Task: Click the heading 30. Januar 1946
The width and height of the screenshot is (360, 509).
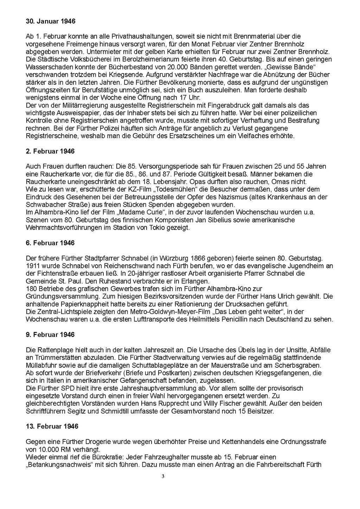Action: tap(51, 21)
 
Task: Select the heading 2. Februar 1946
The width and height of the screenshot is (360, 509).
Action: tap(50, 151)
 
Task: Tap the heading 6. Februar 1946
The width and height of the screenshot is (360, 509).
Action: tap(50, 243)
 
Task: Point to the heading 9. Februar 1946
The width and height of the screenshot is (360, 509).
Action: tap(50, 335)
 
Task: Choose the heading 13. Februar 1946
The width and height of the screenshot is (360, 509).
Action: tap(52, 426)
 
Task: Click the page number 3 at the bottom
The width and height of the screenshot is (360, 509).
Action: tap(163, 477)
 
